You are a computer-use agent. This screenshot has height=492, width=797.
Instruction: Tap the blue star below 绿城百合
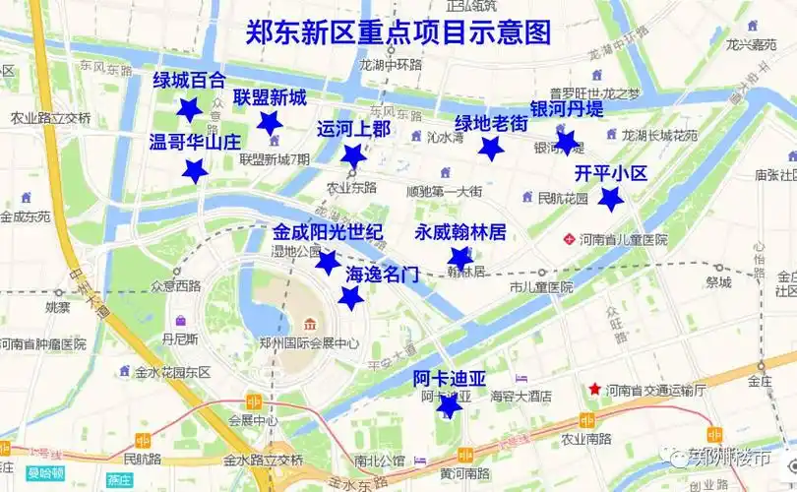click(x=189, y=109)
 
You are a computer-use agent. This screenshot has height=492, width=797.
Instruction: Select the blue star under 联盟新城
click(x=269, y=122)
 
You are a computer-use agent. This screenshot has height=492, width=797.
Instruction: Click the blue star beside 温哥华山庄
click(x=196, y=171)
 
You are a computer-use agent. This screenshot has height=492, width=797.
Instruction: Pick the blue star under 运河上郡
click(x=353, y=155)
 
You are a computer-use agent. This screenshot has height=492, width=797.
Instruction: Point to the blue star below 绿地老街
click(x=491, y=149)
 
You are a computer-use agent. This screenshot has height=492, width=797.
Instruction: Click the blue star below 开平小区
click(x=611, y=200)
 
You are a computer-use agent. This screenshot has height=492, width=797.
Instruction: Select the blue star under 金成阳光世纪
click(x=327, y=262)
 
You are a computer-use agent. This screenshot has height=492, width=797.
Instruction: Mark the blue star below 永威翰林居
click(x=460, y=259)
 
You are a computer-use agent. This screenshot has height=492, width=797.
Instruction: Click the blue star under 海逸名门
click(x=349, y=298)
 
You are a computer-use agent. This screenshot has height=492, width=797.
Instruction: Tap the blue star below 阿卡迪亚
click(x=449, y=405)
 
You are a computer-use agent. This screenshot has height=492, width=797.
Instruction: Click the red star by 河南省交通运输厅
click(x=593, y=390)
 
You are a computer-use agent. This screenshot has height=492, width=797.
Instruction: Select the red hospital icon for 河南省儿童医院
click(x=568, y=239)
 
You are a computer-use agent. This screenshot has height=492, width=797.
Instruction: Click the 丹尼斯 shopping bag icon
click(x=180, y=321)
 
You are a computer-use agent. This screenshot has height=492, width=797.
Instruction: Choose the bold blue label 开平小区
click(x=611, y=173)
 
